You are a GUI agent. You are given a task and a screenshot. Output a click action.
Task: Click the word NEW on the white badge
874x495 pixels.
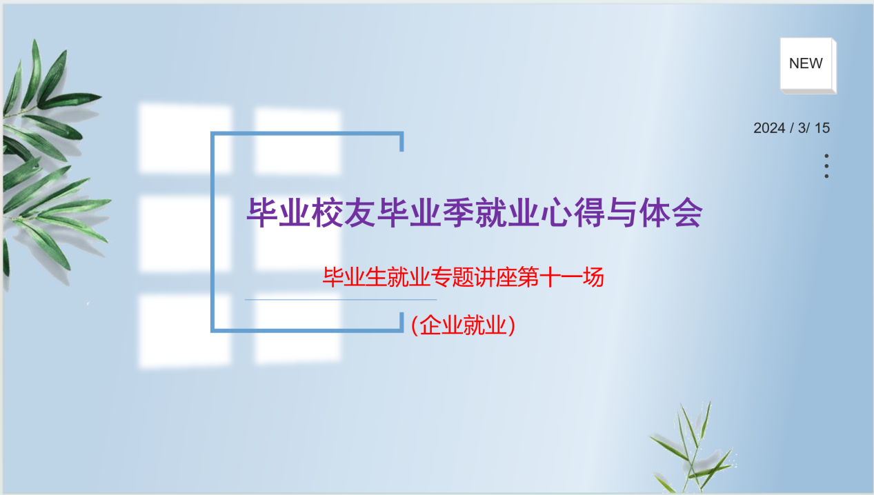pyautogui.click(x=806, y=63)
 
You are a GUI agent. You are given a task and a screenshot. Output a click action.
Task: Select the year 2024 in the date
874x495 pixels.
pyautogui.click(x=769, y=128)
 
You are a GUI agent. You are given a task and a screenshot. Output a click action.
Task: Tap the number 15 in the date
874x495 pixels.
pyautogui.click(x=822, y=128)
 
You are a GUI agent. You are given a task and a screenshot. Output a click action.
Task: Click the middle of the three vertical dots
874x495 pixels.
pyautogui.click(x=826, y=166)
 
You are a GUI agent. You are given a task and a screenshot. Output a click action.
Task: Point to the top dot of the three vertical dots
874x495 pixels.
pyautogui.click(x=826, y=156)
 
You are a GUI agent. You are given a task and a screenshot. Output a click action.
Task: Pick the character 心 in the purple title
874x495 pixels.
pyautogui.click(x=557, y=212)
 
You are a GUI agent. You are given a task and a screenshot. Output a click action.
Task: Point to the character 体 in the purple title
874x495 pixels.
pyautogui.click(x=655, y=212)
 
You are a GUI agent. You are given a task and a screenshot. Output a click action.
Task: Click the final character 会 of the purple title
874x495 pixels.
pyautogui.click(x=688, y=212)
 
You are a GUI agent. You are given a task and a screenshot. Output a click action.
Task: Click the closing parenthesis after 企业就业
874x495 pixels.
pyautogui.click(x=512, y=325)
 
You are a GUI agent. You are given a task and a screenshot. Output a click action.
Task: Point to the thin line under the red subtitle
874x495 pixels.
pyautogui.click(x=341, y=300)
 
